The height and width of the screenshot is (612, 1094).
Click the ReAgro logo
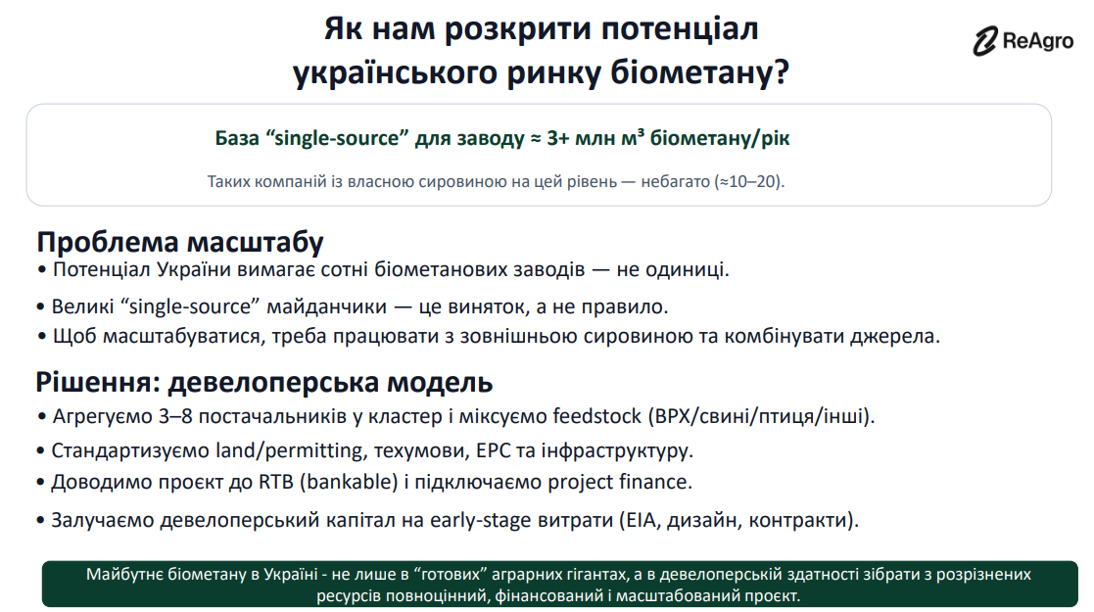point(1023,40)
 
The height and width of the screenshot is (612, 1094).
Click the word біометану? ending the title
point(700,72)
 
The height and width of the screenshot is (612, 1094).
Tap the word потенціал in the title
point(680,29)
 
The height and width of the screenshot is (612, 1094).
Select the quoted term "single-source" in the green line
point(337,138)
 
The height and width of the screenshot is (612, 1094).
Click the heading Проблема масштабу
point(180,242)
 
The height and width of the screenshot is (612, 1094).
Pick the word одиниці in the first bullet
point(688,270)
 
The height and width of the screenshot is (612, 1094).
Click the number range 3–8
point(175,416)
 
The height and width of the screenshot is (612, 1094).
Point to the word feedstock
point(596,416)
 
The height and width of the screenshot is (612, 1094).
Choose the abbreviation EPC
point(492,450)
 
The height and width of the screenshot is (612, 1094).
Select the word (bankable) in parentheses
point(349,482)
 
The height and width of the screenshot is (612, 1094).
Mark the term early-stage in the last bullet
point(478,521)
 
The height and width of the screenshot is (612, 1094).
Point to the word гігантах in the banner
point(594,575)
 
